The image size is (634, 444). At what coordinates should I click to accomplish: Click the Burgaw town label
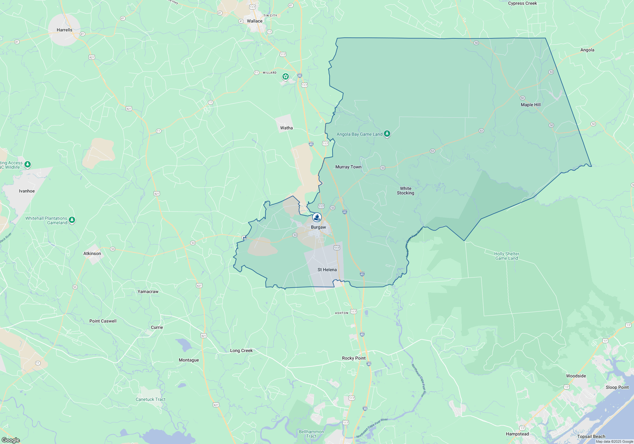click(318, 227)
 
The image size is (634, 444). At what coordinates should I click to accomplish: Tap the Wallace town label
click(255, 21)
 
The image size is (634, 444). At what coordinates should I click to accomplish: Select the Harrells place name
click(64, 30)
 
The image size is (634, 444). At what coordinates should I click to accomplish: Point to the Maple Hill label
click(531, 105)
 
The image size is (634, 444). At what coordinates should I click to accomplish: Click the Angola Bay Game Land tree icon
click(387, 134)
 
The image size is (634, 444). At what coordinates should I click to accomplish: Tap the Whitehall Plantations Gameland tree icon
click(72, 220)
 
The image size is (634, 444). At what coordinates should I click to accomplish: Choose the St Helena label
click(327, 270)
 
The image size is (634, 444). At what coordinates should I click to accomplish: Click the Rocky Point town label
click(354, 358)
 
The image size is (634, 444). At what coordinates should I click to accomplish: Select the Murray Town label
click(348, 167)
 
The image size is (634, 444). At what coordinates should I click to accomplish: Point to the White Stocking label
click(405, 191)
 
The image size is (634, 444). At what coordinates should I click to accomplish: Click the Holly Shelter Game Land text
click(507, 256)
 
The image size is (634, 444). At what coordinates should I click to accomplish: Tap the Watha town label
click(286, 128)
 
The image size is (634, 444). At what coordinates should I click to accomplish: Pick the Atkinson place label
click(92, 253)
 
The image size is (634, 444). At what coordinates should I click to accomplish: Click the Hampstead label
click(517, 434)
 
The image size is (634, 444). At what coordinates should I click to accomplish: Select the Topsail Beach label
click(591, 436)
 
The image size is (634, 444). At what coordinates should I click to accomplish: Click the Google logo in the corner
click(10, 440)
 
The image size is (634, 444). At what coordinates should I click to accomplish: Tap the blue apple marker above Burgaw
click(317, 217)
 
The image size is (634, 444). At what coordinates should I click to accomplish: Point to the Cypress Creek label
click(522, 3)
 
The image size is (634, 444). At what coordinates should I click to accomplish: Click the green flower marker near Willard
click(286, 76)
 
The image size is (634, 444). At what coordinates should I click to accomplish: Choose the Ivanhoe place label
click(27, 191)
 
